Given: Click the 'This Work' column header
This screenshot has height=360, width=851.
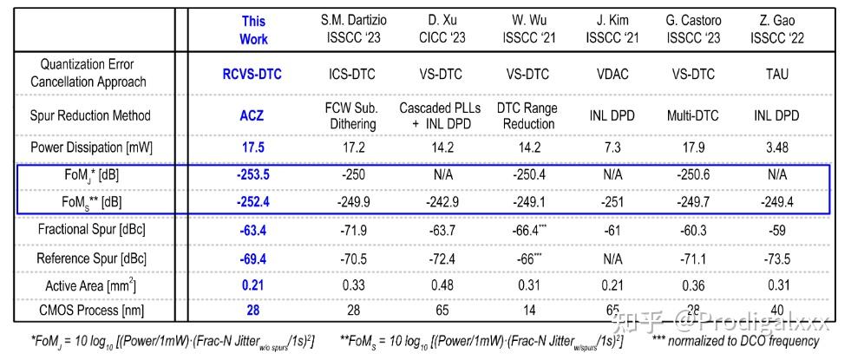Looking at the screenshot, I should pos(253,29).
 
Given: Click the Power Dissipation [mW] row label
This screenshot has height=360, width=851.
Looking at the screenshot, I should pos(93,147).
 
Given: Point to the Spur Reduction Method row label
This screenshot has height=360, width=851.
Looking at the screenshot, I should pos(93,115).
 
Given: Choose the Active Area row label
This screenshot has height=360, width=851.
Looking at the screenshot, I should pos(93,285).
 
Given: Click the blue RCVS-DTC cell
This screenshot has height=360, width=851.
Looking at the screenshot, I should pos(253,74).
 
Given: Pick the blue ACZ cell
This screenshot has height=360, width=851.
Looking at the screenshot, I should pos(253,115).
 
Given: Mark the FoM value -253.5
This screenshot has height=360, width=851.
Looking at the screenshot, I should pos(253,174).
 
